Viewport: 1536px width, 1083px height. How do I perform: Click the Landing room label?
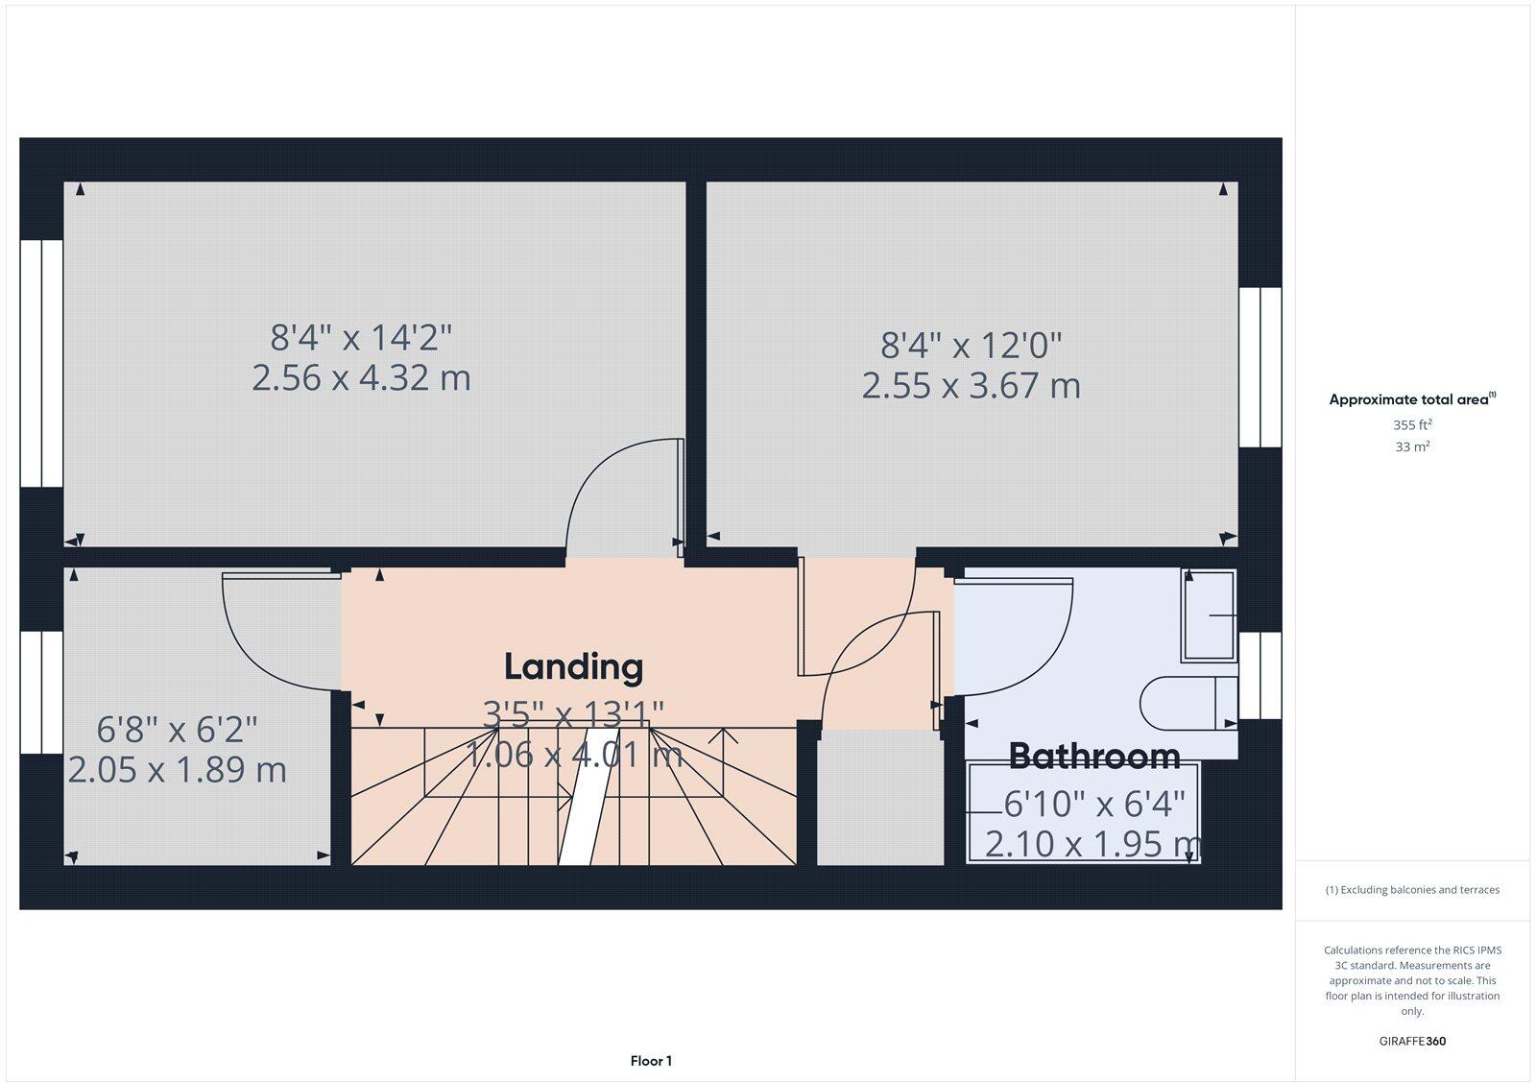[573, 667]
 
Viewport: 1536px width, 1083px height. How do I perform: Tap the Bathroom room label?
[1094, 756]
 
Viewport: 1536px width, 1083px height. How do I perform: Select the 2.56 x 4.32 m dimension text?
[361, 378]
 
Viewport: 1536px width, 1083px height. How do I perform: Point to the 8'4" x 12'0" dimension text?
[971, 345]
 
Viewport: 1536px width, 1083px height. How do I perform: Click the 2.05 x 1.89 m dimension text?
[177, 770]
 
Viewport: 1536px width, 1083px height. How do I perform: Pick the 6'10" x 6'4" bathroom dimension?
[1094, 804]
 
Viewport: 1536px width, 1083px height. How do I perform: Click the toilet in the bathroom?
[1189, 703]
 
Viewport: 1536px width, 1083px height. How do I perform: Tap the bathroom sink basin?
[1209, 615]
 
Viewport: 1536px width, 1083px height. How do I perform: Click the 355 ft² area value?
[1412, 424]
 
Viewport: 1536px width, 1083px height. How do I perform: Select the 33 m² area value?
[1412, 446]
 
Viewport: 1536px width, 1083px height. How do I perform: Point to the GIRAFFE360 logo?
[1412, 1041]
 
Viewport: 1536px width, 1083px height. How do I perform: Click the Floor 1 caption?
[651, 1060]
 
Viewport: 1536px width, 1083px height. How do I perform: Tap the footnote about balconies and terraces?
[1412, 890]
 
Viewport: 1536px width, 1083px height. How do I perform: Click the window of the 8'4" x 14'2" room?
[42, 363]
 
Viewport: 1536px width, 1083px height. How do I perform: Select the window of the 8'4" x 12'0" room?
[1260, 367]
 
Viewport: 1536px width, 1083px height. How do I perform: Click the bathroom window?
[1260, 676]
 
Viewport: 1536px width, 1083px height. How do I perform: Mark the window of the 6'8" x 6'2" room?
[42, 692]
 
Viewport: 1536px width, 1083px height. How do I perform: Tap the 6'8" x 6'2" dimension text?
[177, 729]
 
